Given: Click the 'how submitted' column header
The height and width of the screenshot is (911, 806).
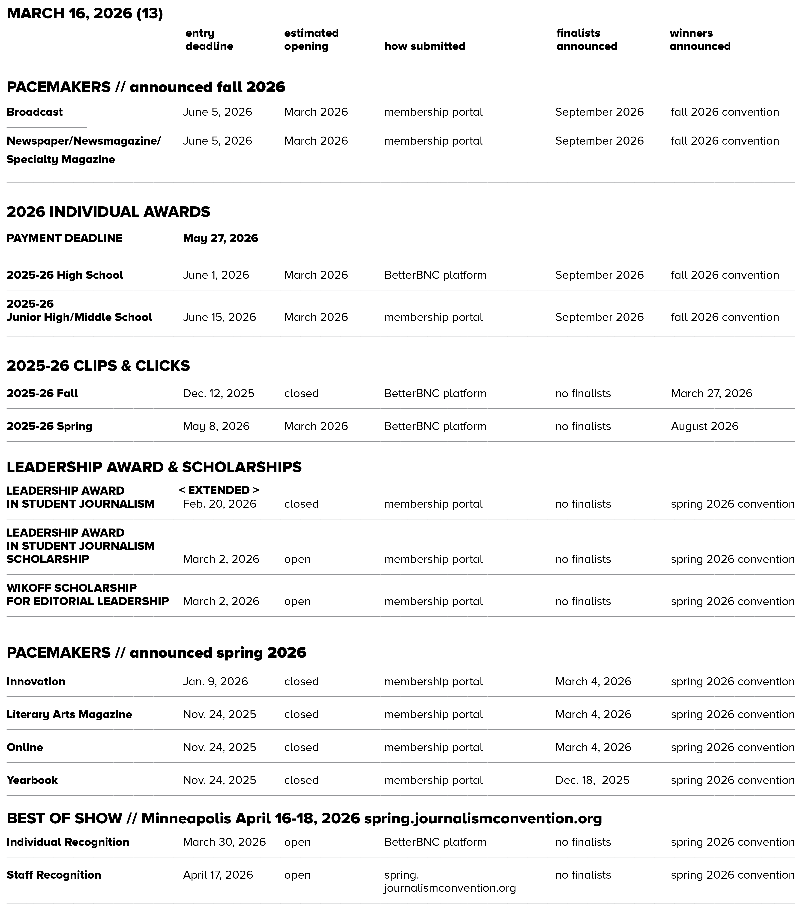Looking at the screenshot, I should tap(424, 46).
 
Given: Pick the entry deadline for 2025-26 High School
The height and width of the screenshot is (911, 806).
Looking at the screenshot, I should tap(216, 275).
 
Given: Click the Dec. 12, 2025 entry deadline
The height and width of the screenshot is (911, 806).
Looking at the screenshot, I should tap(219, 394).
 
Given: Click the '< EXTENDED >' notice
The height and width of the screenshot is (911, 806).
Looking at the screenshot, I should tap(219, 490).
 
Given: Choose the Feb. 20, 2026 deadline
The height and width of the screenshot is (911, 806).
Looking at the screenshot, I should tap(219, 504).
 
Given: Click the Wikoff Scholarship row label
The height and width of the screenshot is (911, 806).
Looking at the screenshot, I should tap(87, 594).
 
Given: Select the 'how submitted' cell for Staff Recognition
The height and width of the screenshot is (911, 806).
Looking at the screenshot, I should tap(449, 882).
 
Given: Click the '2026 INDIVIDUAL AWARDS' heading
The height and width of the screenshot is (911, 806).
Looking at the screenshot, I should tap(108, 212).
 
